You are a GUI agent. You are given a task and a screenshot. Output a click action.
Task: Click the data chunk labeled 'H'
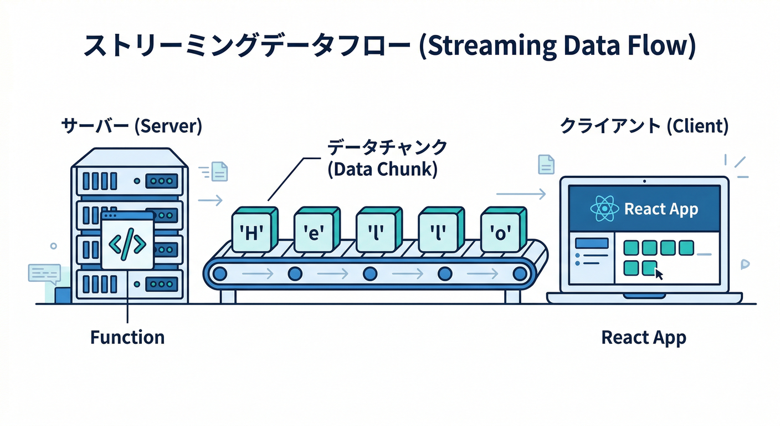(x=252, y=232)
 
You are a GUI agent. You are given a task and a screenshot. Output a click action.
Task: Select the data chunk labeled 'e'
(x=314, y=232)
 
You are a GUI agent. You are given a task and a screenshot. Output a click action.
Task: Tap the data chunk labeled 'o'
(x=500, y=232)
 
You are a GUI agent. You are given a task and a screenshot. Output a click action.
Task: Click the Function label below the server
(x=127, y=337)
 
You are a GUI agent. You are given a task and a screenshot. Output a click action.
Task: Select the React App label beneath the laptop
(x=644, y=337)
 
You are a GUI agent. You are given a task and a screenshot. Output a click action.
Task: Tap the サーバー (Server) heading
(x=131, y=126)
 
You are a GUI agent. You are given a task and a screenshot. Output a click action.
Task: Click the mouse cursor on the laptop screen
(x=659, y=274)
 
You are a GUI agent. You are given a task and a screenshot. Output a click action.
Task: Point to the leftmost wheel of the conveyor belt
(x=220, y=273)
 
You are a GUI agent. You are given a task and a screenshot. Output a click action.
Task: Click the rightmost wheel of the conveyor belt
(x=519, y=273)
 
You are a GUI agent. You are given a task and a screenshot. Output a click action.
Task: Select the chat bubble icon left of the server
(x=44, y=273)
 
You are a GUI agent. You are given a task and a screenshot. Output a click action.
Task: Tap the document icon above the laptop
(x=546, y=164)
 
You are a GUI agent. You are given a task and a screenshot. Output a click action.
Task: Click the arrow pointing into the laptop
(x=521, y=194)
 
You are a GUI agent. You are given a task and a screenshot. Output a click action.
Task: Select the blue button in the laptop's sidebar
(x=592, y=243)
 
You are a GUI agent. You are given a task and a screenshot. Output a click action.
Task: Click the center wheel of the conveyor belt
(x=370, y=273)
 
